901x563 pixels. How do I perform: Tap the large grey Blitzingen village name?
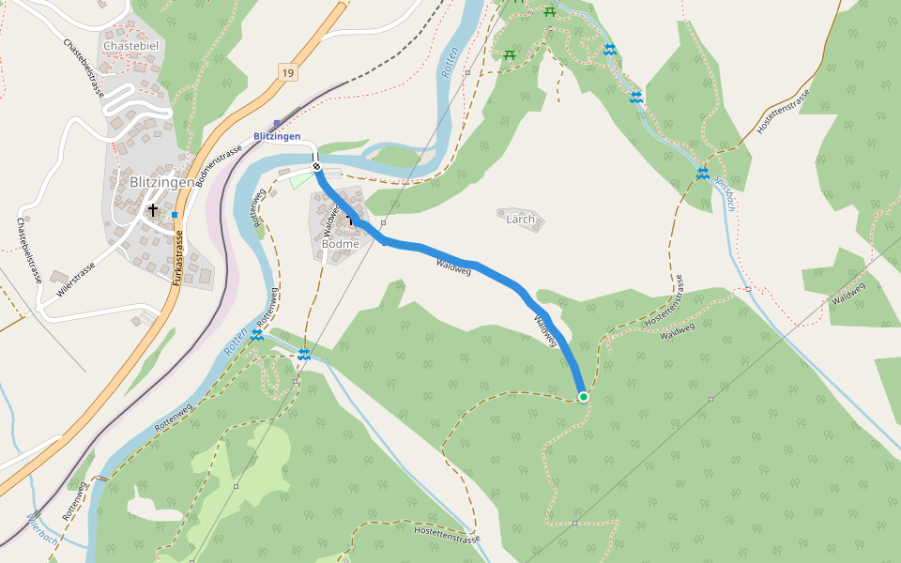point(161,182)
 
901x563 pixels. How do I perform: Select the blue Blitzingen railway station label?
point(277,136)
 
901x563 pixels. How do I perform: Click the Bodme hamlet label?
point(340,244)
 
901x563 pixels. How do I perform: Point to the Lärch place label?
point(520,220)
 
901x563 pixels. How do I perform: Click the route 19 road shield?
point(286,72)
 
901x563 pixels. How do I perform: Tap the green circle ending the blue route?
point(584,397)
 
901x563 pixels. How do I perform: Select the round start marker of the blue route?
point(317,167)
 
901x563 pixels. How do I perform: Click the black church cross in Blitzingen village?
point(152,211)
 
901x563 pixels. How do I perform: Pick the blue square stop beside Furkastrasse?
point(175,215)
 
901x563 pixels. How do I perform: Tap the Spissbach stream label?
point(724,192)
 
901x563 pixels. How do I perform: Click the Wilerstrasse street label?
point(76,281)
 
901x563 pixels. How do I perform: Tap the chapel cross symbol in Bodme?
point(349,220)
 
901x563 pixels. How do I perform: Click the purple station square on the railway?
point(276,123)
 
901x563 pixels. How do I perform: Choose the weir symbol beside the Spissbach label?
point(702,173)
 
